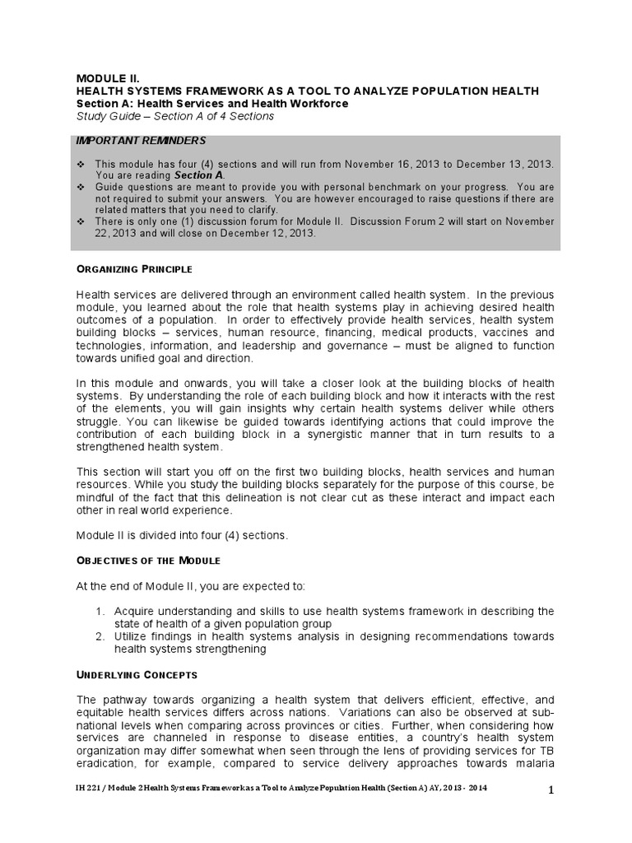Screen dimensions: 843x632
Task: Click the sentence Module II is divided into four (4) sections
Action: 183,535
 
